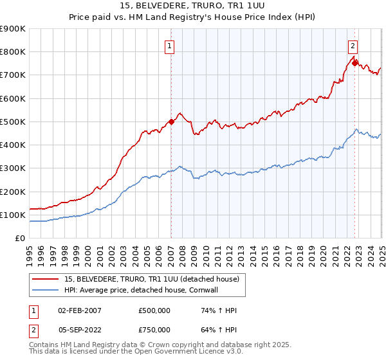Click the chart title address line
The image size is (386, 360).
click(x=192, y=6)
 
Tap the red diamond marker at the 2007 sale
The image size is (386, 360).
click(x=171, y=122)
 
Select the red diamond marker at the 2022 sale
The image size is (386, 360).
click(x=354, y=63)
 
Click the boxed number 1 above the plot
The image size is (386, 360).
click(x=169, y=46)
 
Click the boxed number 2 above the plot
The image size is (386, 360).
click(x=353, y=46)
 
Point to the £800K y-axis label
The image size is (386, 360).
click(x=13, y=52)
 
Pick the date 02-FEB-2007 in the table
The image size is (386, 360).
click(x=79, y=310)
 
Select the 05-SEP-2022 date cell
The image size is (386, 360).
click(x=79, y=329)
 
